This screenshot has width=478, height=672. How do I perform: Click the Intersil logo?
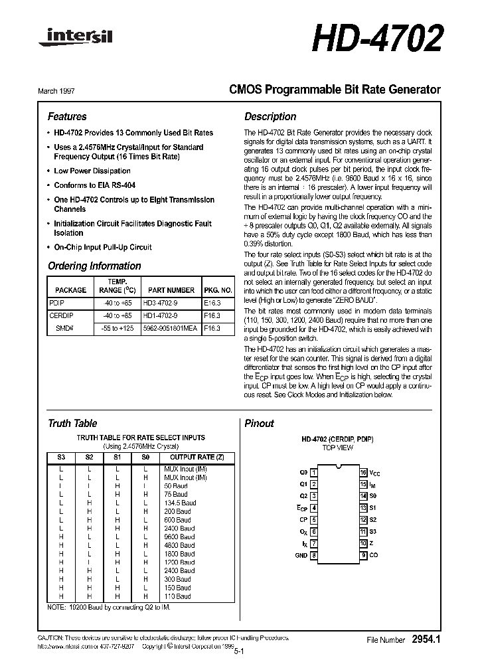75,41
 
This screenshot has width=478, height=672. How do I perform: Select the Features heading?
67,116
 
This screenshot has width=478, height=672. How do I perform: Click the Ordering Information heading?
94,266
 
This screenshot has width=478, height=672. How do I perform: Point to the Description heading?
270,116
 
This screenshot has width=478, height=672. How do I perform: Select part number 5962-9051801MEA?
170,327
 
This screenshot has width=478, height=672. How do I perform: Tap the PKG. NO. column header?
218,290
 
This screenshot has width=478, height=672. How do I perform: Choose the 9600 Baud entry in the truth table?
179,537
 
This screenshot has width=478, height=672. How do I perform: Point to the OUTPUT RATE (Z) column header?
193,457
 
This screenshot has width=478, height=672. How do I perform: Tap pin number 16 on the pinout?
363,472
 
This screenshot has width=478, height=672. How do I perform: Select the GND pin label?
301,555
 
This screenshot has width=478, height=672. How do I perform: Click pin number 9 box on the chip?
364,555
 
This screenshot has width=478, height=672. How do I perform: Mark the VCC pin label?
375,472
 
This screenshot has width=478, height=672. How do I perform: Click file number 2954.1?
426,639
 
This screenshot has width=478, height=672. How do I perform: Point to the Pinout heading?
259,423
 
